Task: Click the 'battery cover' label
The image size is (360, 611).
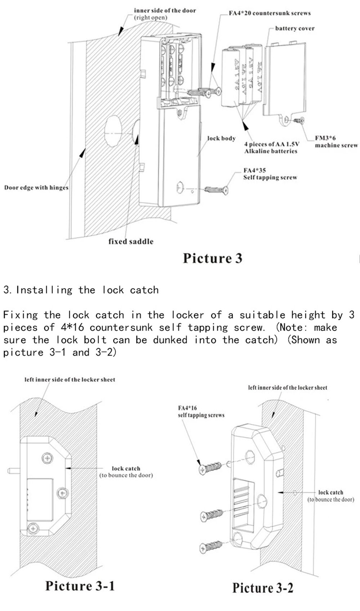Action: point(294,28)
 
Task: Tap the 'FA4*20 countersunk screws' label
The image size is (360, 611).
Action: point(270,13)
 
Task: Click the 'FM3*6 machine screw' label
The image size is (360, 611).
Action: point(336,141)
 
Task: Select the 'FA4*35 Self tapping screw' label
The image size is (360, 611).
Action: point(270,174)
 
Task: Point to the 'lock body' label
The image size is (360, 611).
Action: point(221,138)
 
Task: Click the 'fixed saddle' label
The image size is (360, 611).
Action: point(131,242)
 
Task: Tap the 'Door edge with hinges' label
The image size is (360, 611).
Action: point(36,188)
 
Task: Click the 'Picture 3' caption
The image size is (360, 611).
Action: point(212,258)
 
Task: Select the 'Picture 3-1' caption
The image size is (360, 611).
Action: point(80,586)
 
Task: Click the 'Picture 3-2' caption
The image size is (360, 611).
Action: point(262,588)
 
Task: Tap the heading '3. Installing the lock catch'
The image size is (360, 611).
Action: point(81,290)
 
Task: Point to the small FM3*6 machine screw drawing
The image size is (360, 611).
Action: point(299,120)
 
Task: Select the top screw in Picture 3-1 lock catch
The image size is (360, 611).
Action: point(48,458)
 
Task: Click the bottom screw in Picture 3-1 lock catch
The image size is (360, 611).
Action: point(33,528)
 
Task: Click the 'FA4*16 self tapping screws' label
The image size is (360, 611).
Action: point(201,412)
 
